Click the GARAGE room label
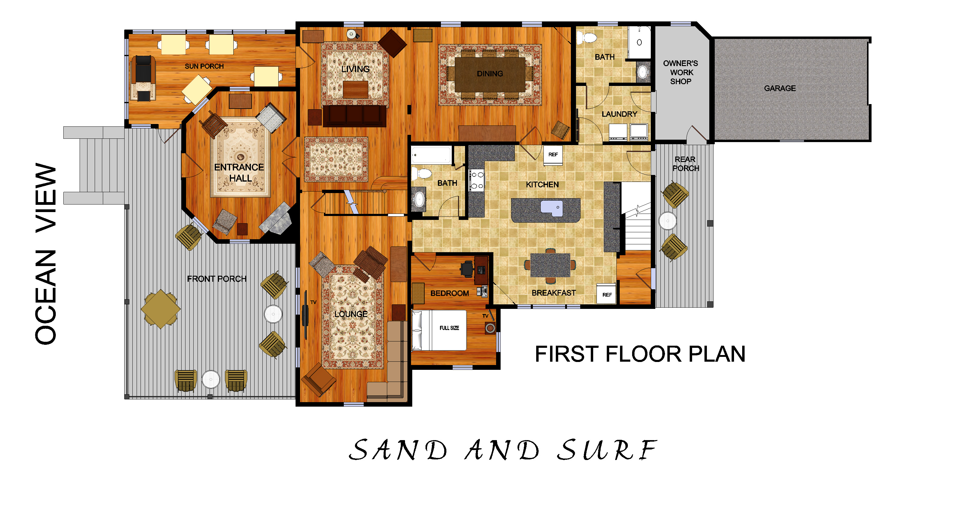[780, 88]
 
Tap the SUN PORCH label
[204, 66]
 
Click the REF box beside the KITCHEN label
[553, 154]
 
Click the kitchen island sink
[552, 208]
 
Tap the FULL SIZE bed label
[449, 328]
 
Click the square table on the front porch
[160, 309]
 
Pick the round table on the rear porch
[667, 221]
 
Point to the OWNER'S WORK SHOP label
[681, 72]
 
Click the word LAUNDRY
[619, 114]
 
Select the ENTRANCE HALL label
[239, 173]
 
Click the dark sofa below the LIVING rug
[354, 116]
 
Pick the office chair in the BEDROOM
[467, 268]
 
